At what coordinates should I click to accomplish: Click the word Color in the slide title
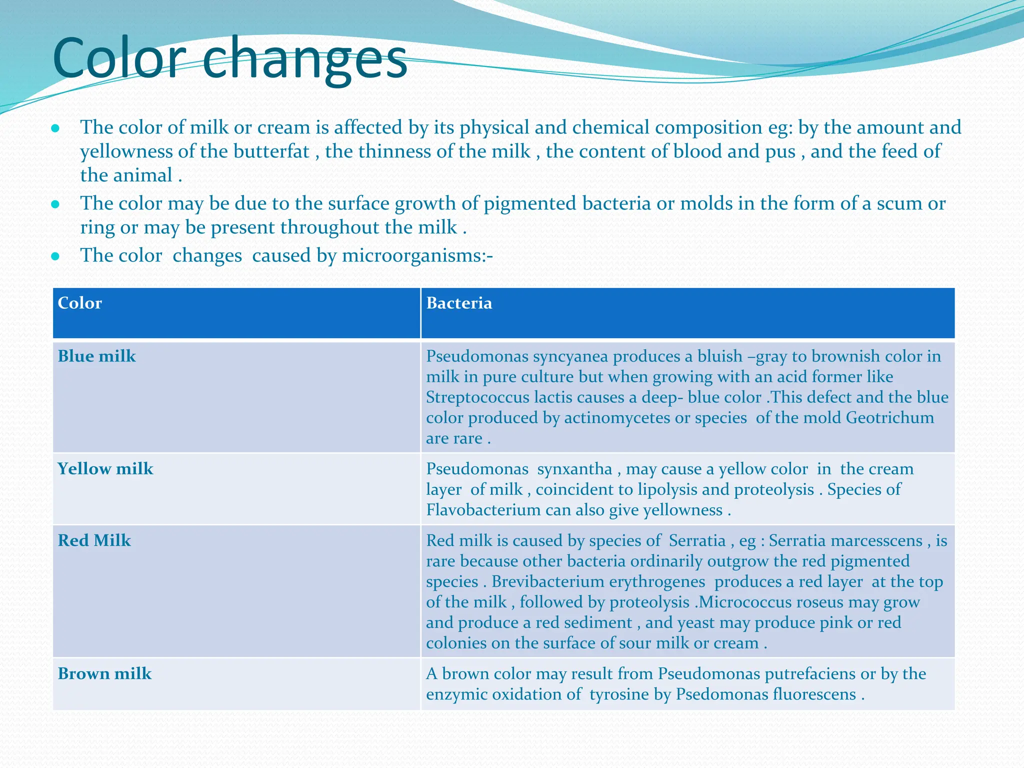point(119,59)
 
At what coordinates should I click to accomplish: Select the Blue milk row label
point(97,356)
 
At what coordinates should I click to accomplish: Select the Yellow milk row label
point(105,469)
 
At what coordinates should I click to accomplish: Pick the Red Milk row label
point(94,540)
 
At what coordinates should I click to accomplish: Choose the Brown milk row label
point(104,674)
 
